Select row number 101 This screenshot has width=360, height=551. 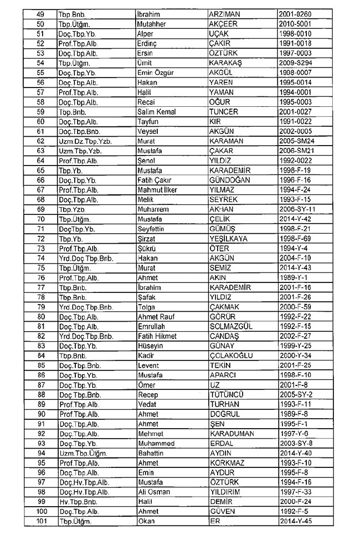[x=40, y=521]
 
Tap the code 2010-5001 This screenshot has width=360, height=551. [x=297, y=23]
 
